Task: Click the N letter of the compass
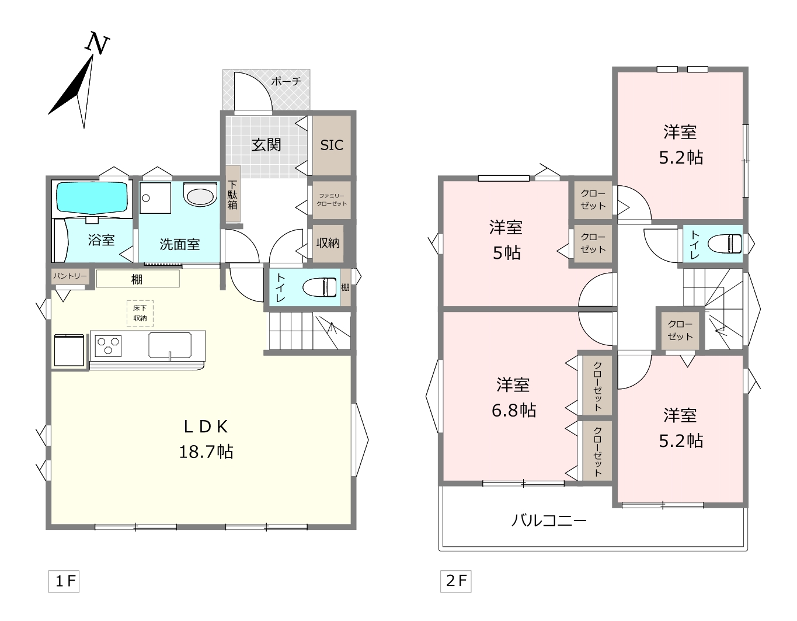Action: [x=98, y=43]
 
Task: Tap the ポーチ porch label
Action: [x=286, y=81]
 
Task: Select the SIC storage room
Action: [x=332, y=145]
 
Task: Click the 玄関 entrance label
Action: [x=266, y=145]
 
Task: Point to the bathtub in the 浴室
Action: [x=92, y=198]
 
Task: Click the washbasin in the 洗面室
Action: [x=200, y=195]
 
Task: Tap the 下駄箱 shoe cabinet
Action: [x=232, y=194]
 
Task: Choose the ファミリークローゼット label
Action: [x=332, y=200]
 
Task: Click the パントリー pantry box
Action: [x=70, y=276]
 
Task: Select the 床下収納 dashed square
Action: [x=140, y=313]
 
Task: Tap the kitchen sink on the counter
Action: [x=170, y=345]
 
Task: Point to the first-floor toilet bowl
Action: [x=320, y=287]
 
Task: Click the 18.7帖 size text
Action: [x=206, y=452]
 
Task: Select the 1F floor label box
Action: [x=64, y=581]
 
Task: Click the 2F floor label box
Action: [x=456, y=581]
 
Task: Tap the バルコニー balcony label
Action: [x=549, y=520]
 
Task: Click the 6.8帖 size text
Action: [x=513, y=410]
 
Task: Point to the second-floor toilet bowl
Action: [x=725, y=244]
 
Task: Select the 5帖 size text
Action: [x=506, y=253]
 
